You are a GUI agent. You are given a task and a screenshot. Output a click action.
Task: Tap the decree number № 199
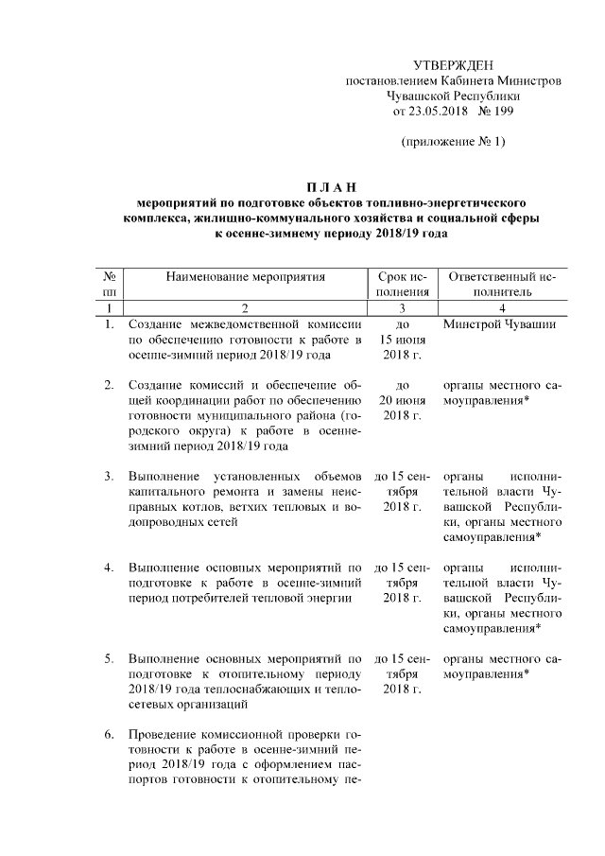pyautogui.click(x=496, y=111)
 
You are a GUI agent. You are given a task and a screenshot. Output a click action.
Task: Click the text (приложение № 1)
pyautogui.click(x=453, y=142)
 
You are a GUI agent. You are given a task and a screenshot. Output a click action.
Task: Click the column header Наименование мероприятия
pyautogui.click(x=245, y=277)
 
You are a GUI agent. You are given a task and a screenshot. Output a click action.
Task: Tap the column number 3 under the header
pyautogui.click(x=402, y=308)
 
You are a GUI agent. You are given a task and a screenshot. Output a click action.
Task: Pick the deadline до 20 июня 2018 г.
pyautogui.click(x=402, y=400)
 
